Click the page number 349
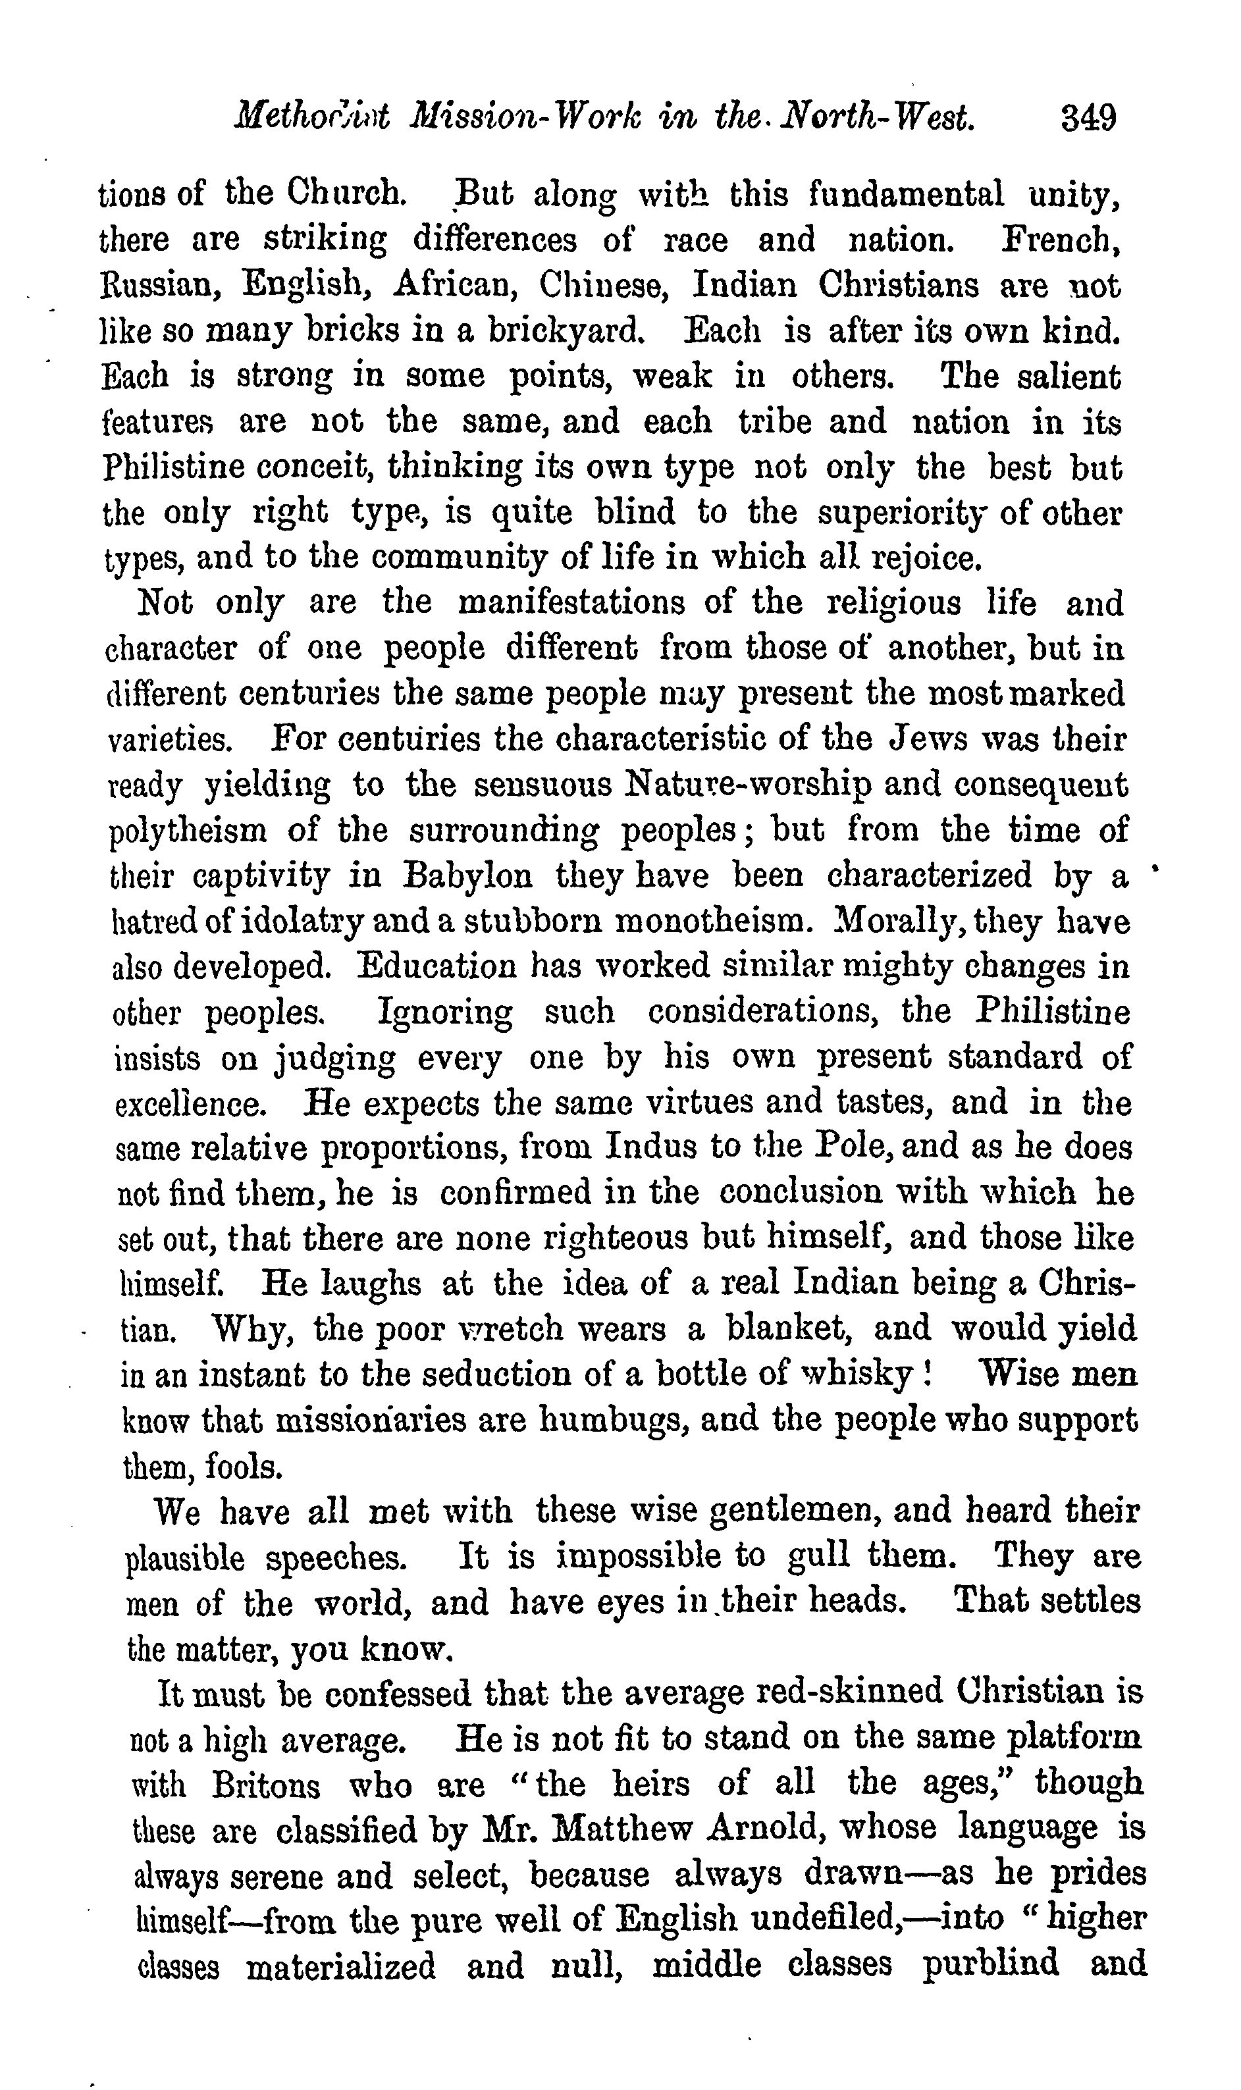click(1089, 118)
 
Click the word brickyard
click(566, 332)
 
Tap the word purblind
click(990, 1966)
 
